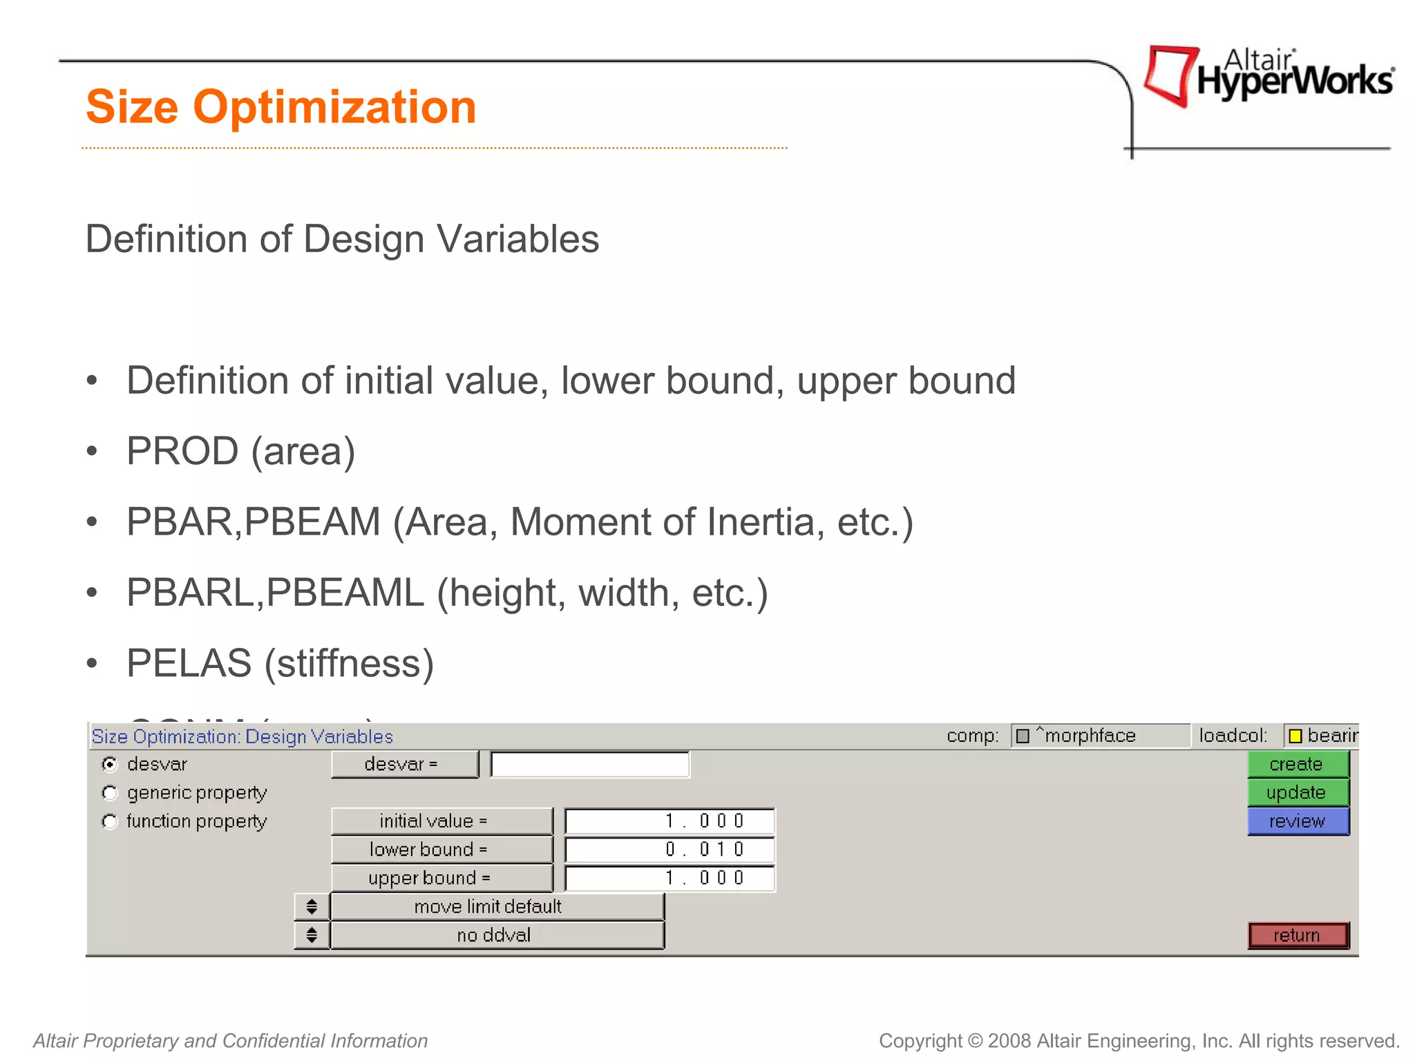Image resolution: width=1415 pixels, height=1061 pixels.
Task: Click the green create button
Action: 1298,764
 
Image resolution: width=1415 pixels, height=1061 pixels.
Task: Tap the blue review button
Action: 1298,821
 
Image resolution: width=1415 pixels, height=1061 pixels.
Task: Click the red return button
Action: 1298,935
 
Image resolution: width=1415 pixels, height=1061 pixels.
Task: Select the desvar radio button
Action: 109,764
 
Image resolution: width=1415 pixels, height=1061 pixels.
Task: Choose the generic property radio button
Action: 109,793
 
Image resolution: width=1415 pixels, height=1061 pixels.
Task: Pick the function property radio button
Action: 109,821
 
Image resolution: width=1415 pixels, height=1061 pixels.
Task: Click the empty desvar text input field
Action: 589,765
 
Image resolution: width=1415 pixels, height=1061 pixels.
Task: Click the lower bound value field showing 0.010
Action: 669,850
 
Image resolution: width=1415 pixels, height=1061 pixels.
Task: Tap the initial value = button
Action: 441,821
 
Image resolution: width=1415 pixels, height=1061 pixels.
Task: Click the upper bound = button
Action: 441,878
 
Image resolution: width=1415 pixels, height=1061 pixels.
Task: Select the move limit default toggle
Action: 496,907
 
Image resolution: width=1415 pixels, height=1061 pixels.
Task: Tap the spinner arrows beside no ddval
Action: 312,935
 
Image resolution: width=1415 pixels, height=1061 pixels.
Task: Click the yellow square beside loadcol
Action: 1295,736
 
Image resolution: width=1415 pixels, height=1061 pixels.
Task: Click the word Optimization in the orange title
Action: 334,107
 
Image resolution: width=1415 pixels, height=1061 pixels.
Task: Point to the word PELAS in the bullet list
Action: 189,663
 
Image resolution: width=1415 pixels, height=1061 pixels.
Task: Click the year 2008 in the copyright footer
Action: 1009,1041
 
